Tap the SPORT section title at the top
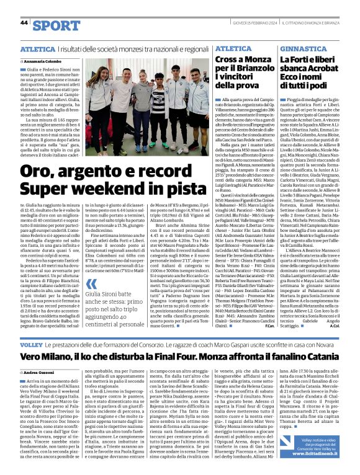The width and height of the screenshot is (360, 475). pos(56,25)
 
